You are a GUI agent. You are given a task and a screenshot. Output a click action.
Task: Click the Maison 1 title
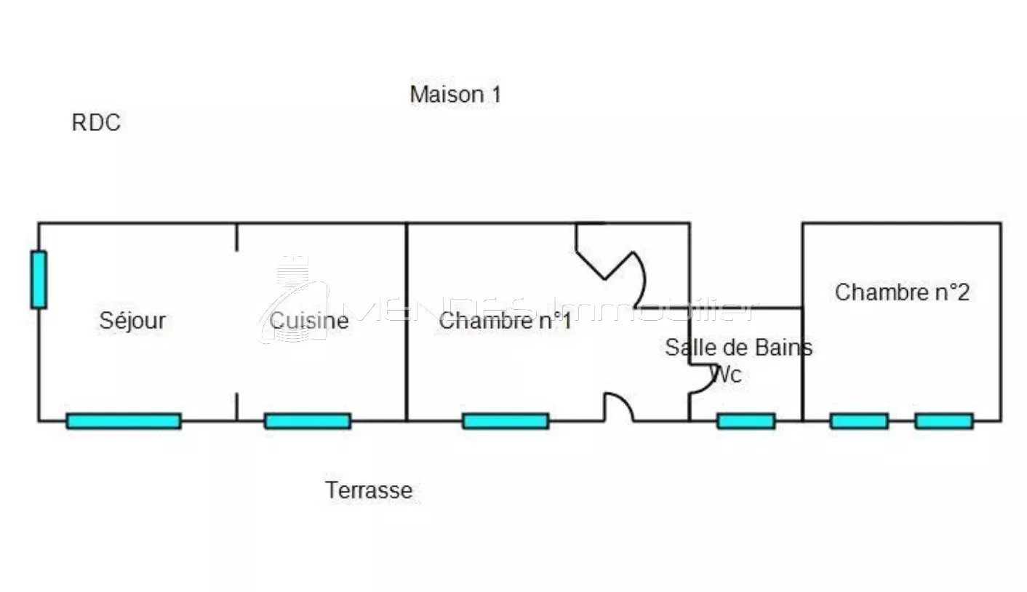pos(455,95)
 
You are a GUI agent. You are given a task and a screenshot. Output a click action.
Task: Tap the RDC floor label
pos(96,123)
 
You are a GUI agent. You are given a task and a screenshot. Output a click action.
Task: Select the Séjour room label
pos(132,320)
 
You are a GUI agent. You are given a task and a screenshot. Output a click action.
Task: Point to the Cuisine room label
pos(309,320)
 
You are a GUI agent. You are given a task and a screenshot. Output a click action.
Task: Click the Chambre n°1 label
pos(505,320)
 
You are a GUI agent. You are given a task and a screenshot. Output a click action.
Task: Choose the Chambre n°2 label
pos(902,292)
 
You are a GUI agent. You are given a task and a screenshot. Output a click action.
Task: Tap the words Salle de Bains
pos(738,348)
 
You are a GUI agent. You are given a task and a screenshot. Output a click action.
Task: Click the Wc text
pos(727,375)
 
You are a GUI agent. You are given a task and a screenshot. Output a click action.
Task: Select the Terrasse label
pos(369,490)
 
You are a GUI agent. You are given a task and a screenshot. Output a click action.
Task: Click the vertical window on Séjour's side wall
pos(39,279)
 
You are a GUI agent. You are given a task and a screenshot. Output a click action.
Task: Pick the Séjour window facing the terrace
pos(124,421)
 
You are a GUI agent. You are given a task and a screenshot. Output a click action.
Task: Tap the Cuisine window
pos(308,421)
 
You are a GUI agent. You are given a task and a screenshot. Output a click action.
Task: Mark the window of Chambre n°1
pos(505,421)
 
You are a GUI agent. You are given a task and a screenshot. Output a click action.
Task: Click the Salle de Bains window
pos(746,421)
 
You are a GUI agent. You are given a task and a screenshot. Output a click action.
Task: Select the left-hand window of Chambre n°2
pos(859,421)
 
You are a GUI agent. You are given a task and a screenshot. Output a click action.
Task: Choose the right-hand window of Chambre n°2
pos(944,421)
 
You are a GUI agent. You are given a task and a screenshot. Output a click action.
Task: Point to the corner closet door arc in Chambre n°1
pos(634,278)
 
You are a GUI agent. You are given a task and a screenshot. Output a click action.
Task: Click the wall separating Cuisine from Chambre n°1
pos(407,320)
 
